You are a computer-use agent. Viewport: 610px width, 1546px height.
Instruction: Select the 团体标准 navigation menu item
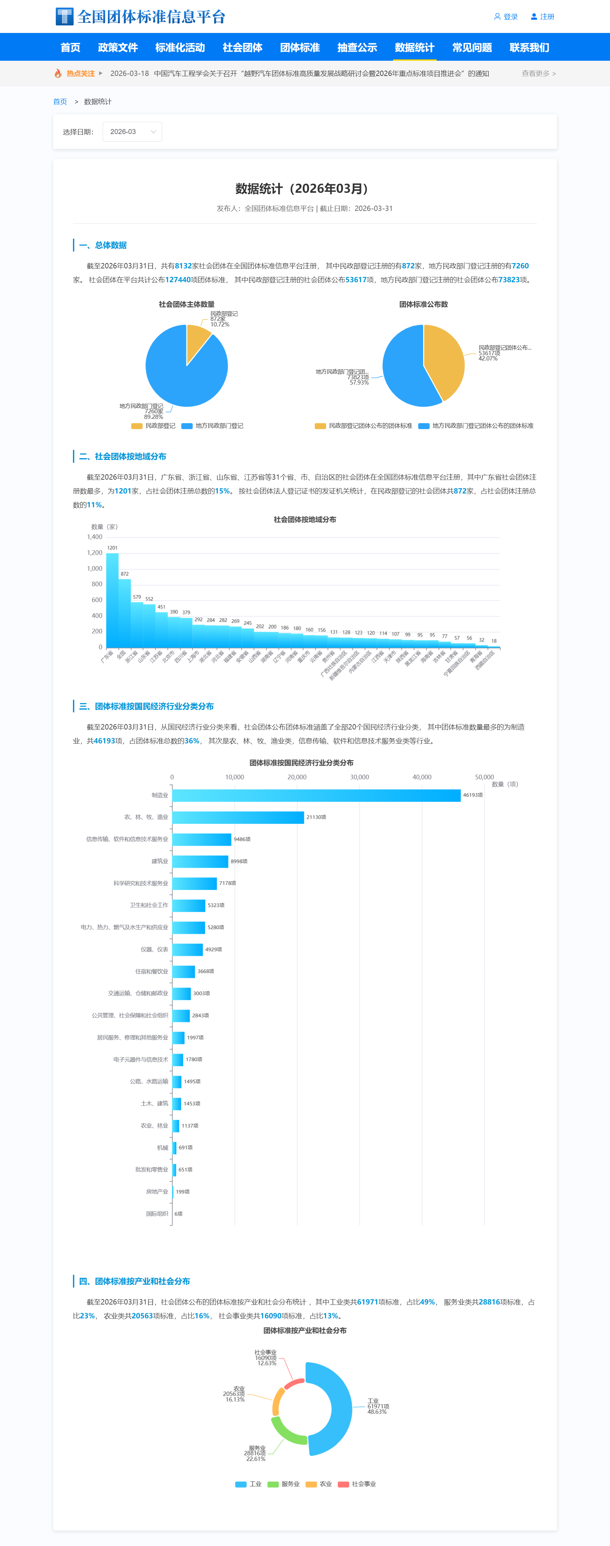pyautogui.click(x=300, y=48)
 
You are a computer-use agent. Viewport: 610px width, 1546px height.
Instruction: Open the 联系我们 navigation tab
pyautogui.click(x=529, y=48)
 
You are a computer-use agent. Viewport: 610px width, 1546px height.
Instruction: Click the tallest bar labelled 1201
pyautogui.click(x=112, y=600)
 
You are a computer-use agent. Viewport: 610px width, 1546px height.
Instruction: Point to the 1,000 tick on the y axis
pyautogui.click(x=95, y=568)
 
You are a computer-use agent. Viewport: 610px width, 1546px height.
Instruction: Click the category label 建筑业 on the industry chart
pyautogui.click(x=160, y=861)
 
